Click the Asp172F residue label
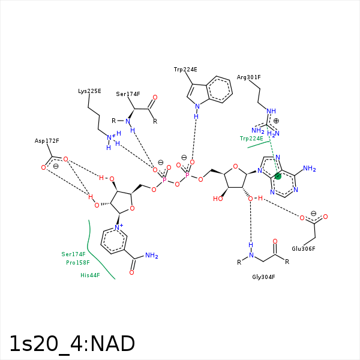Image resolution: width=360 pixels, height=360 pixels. tap(47, 141)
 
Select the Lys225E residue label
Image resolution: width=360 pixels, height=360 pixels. tap(89, 91)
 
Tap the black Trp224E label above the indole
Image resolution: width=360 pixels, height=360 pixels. tap(185, 70)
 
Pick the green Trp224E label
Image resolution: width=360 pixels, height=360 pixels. tap(251, 139)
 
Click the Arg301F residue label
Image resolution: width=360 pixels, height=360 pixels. tap(248, 77)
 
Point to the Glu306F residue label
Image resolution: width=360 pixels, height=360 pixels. tap(304, 248)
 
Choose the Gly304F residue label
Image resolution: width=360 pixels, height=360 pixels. tap(263, 277)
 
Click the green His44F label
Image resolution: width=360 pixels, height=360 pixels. tap(89, 275)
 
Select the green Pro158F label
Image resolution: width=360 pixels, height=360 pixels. tap(77, 263)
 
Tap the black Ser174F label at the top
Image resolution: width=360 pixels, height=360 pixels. tap(128, 94)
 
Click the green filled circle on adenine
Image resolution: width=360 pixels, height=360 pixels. tap(277, 176)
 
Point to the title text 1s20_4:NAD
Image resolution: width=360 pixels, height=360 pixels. tap(72, 344)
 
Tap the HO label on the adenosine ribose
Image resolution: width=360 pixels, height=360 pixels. tap(218, 199)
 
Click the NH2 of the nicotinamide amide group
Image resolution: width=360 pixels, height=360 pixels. tap(151, 256)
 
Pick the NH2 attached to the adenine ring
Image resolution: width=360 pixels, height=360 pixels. tap(309, 169)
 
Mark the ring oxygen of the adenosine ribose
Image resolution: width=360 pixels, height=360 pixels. tap(236, 167)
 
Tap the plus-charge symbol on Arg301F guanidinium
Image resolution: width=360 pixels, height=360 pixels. tap(276, 121)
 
